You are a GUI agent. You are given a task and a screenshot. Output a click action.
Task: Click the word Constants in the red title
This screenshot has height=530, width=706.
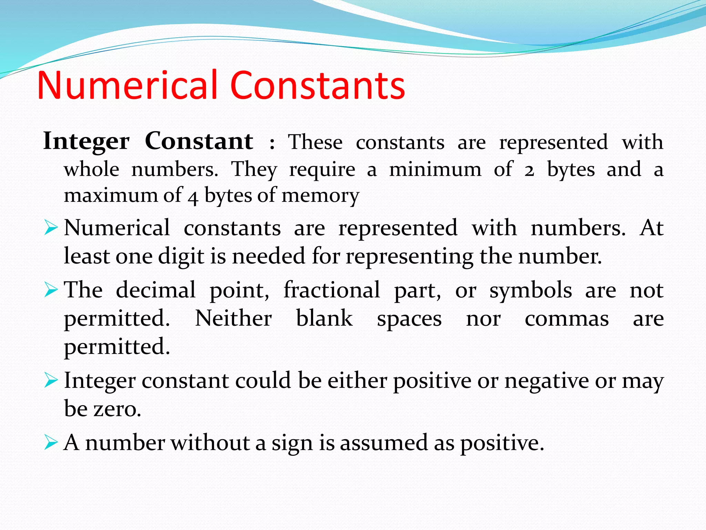317,85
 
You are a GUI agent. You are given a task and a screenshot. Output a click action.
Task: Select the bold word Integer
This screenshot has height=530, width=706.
86,141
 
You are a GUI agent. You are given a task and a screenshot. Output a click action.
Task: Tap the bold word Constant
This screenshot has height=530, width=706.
199,141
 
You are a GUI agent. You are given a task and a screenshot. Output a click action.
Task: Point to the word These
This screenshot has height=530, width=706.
315,142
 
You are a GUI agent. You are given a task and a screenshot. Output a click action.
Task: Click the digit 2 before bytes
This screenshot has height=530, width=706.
529,170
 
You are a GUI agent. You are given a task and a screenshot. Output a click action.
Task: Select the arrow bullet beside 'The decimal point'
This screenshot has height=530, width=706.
51,290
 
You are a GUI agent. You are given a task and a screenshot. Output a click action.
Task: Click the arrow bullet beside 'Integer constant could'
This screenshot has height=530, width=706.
51,381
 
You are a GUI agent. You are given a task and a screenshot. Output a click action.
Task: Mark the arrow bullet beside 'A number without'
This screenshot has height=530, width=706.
51,443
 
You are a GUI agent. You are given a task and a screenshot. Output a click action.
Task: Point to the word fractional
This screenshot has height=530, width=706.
332,290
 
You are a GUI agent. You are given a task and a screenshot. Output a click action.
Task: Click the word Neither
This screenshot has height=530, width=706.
233,318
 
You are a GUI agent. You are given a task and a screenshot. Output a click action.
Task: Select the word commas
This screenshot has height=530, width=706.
566,319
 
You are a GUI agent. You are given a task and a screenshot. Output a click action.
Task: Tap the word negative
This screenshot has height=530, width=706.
547,381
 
